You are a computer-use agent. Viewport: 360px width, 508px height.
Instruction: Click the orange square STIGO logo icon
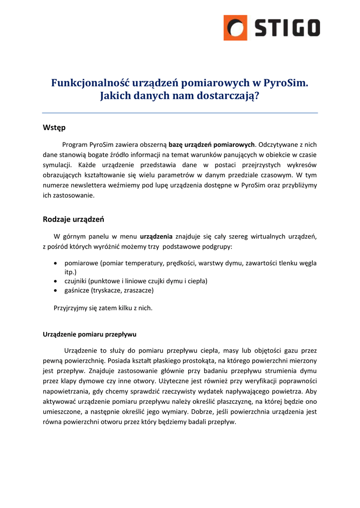(x=235, y=27)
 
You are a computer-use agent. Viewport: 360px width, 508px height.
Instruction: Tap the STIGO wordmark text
(x=288, y=28)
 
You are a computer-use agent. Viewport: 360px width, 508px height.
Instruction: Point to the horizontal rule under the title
(x=180, y=113)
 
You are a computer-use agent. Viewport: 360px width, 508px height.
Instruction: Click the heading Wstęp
(x=54, y=128)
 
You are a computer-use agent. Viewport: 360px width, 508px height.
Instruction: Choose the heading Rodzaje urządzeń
(x=73, y=219)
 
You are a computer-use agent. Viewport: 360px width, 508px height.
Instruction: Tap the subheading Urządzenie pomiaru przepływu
(x=89, y=334)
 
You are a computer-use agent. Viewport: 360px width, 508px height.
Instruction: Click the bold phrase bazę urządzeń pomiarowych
(x=212, y=144)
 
